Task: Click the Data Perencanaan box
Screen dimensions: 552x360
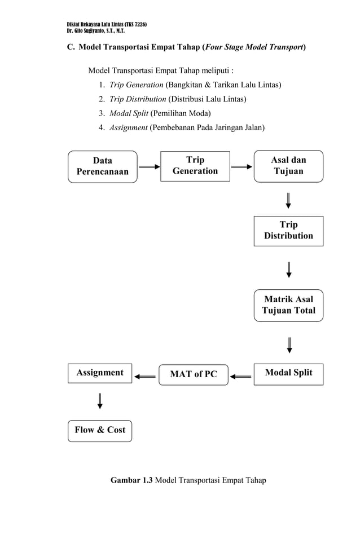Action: pos(102,166)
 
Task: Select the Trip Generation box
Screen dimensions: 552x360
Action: pos(195,166)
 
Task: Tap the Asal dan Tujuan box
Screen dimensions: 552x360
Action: pos(288,166)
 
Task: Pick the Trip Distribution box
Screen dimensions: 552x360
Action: pos(288,231)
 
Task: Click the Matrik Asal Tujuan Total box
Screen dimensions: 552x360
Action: pos(288,305)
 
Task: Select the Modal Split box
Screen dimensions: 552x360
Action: pos(288,373)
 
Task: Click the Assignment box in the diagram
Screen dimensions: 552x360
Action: pos(100,373)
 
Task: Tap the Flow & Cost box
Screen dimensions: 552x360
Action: pos(100,430)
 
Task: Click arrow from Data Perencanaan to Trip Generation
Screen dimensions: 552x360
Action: pos(149,167)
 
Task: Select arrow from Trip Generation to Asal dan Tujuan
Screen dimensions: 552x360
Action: pos(242,167)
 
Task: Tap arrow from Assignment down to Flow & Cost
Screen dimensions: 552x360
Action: pos(100,400)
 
